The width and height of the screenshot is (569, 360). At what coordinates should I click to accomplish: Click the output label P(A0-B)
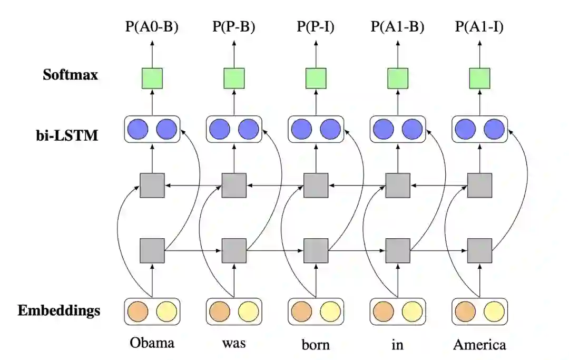click(152, 26)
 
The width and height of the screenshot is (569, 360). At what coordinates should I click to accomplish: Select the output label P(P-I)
click(316, 26)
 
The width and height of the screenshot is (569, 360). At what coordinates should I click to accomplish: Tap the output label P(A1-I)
click(479, 26)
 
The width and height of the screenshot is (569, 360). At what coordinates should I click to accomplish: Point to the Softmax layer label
click(71, 75)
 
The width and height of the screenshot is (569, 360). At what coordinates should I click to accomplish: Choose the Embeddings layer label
click(59, 310)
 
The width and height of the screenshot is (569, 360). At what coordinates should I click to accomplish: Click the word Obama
click(152, 343)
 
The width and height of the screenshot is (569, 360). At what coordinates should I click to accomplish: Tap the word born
click(316, 345)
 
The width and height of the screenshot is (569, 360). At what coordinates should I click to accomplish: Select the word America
click(479, 345)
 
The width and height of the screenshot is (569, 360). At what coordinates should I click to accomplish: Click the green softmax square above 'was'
click(234, 78)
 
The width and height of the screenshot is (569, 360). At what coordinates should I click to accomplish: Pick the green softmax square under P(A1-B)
click(398, 78)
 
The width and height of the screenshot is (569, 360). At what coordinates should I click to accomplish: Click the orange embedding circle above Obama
click(138, 311)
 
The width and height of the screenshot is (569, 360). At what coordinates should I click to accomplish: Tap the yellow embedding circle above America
click(494, 311)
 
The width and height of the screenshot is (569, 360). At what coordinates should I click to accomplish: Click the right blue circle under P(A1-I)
click(494, 129)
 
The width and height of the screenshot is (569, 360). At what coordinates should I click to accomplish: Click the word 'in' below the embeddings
click(398, 344)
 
